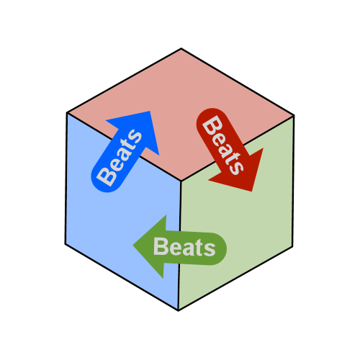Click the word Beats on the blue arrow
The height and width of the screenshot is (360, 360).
click(119, 158)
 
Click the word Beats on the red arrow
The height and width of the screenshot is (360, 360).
click(222, 145)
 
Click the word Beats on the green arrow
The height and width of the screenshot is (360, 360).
click(184, 246)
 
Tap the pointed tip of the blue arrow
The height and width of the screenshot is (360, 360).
click(150, 111)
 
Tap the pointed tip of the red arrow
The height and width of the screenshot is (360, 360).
click(251, 192)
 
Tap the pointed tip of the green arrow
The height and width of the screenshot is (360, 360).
click(133, 246)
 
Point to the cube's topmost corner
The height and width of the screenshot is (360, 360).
click(181, 48)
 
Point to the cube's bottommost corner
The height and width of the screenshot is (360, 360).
click(179, 311)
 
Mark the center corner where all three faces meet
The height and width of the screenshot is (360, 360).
click(181, 181)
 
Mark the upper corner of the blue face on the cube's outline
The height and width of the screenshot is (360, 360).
click(67, 113)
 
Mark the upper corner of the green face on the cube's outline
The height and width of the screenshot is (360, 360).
click(294, 116)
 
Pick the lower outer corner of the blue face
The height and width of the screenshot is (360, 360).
click(66, 244)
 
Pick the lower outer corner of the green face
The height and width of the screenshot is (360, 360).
click(292, 246)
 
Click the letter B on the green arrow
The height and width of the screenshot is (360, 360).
click(160, 246)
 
